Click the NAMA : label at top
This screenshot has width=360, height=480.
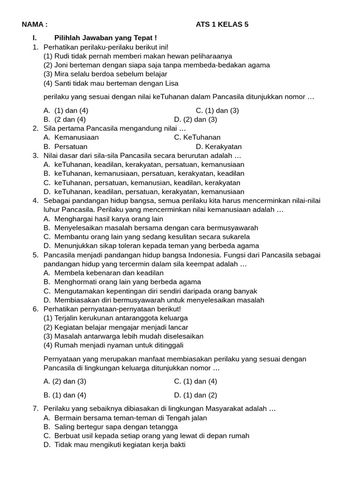click(35, 25)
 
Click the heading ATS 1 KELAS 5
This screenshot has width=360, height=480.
click(222, 25)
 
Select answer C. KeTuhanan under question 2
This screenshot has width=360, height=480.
click(197, 137)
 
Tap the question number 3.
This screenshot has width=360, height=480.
click(36, 156)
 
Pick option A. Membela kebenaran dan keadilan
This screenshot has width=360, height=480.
click(104, 273)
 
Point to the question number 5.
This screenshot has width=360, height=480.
click(36, 255)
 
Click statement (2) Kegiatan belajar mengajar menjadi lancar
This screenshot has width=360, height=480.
click(116, 327)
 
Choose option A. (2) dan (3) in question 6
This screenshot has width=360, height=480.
click(65, 382)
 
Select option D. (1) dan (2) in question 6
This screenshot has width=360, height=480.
click(195, 395)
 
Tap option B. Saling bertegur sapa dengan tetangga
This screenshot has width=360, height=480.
click(111, 427)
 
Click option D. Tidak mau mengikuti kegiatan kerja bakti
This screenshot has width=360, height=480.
click(114, 445)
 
